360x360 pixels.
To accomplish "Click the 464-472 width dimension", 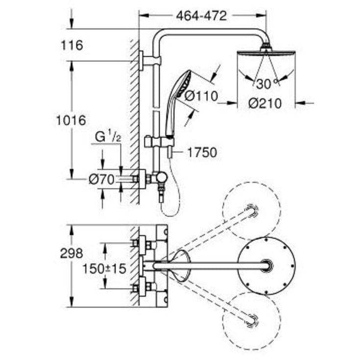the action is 201,16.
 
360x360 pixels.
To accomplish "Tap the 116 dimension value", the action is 72,46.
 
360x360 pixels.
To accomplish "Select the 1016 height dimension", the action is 71,120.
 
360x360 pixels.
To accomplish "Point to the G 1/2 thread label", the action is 108,137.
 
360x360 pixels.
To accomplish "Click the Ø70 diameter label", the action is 101,179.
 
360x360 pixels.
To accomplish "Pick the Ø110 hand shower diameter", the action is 201,96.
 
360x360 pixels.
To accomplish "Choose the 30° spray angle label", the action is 267,84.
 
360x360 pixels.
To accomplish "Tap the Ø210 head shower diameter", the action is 265,103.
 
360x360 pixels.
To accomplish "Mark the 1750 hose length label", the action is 202,152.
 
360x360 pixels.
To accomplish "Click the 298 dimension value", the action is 72,254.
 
